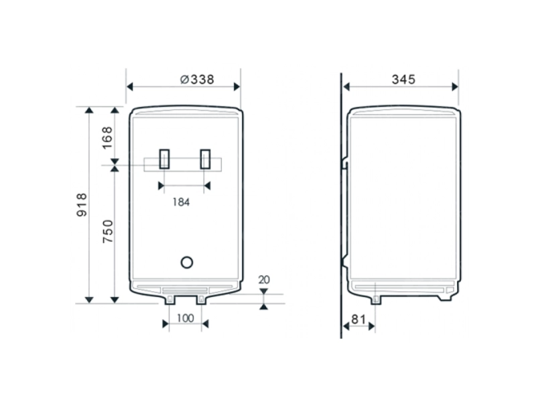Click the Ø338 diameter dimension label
[197, 79]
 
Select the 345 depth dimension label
[404, 79]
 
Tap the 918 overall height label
[82, 205]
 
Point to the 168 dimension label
[107, 138]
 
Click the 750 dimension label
[108, 231]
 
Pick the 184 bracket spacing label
[181, 202]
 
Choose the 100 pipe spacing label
[186, 318]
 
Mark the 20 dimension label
[264, 279]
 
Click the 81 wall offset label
[358, 320]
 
